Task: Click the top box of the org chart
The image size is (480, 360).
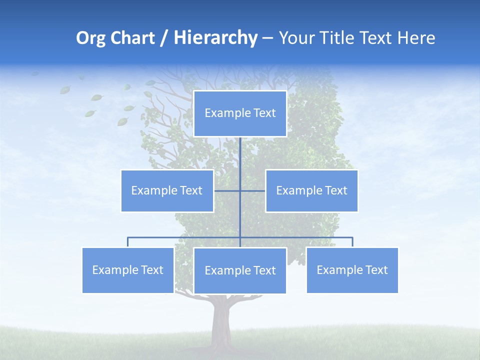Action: [240, 113]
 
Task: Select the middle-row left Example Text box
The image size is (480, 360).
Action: [167, 190]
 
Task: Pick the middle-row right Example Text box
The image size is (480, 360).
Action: [311, 190]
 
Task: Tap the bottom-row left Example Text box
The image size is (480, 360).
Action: [128, 270]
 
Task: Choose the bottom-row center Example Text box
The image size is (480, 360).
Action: [240, 270]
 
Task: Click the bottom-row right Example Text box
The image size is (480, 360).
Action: [352, 270]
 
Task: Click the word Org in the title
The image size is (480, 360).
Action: [90, 38]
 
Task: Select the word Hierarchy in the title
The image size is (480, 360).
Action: [215, 38]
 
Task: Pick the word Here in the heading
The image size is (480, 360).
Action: [416, 38]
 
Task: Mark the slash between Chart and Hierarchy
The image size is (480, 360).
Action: [164, 38]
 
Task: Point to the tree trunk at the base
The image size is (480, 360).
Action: [220, 320]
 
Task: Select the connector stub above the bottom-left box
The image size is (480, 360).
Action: [128, 242]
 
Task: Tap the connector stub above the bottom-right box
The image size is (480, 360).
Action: [352, 242]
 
